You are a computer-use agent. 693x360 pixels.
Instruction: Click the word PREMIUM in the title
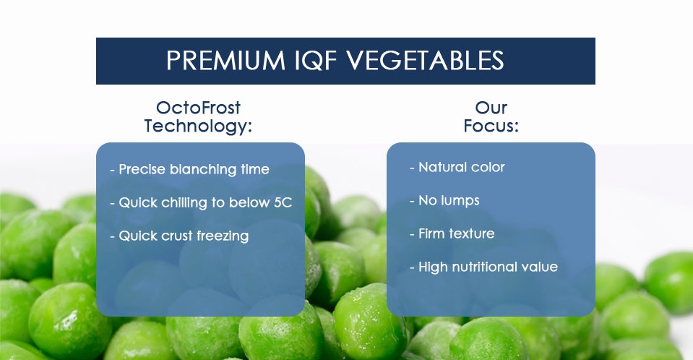click(x=225, y=61)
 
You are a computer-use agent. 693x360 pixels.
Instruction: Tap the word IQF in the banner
click(x=314, y=61)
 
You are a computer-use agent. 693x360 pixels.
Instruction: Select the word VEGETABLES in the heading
click(x=424, y=61)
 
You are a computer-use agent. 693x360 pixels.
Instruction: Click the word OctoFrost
click(x=199, y=108)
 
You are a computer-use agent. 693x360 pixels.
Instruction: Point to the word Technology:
click(x=198, y=126)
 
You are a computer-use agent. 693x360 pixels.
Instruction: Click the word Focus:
click(x=491, y=126)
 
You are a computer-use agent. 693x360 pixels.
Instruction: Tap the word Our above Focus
click(x=491, y=108)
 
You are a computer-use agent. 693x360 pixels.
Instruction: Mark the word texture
click(x=474, y=234)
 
